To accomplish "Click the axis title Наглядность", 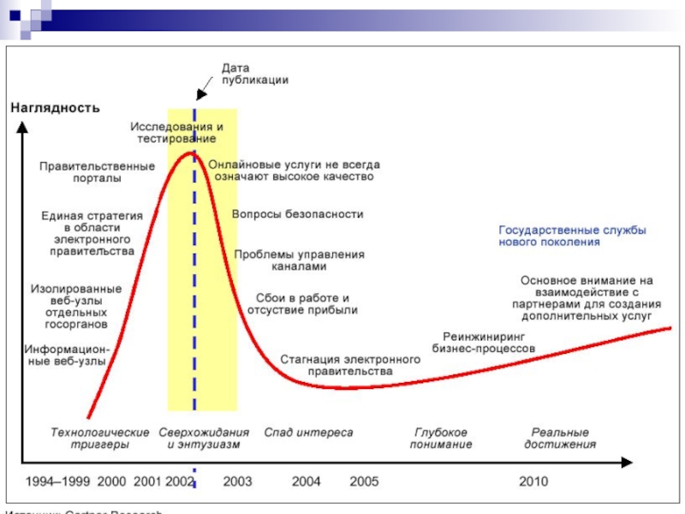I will (x=56, y=108).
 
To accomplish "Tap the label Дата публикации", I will (x=254, y=73).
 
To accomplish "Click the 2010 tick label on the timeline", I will (x=533, y=481).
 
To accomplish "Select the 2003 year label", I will (x=237, y=481).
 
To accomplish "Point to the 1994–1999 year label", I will (x=57, y=481).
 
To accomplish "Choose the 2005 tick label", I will (x=364, y=481).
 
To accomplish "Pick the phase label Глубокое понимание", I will (x=441, y=439).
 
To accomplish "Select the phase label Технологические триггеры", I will (x=100, y=439).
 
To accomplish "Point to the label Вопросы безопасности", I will (x=298, y=214).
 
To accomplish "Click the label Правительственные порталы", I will (x=97, y=172).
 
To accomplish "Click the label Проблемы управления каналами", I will (x=300, y=260).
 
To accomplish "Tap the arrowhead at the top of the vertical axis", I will (x=19, y=124).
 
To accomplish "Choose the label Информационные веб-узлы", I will (x=66, y=356).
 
